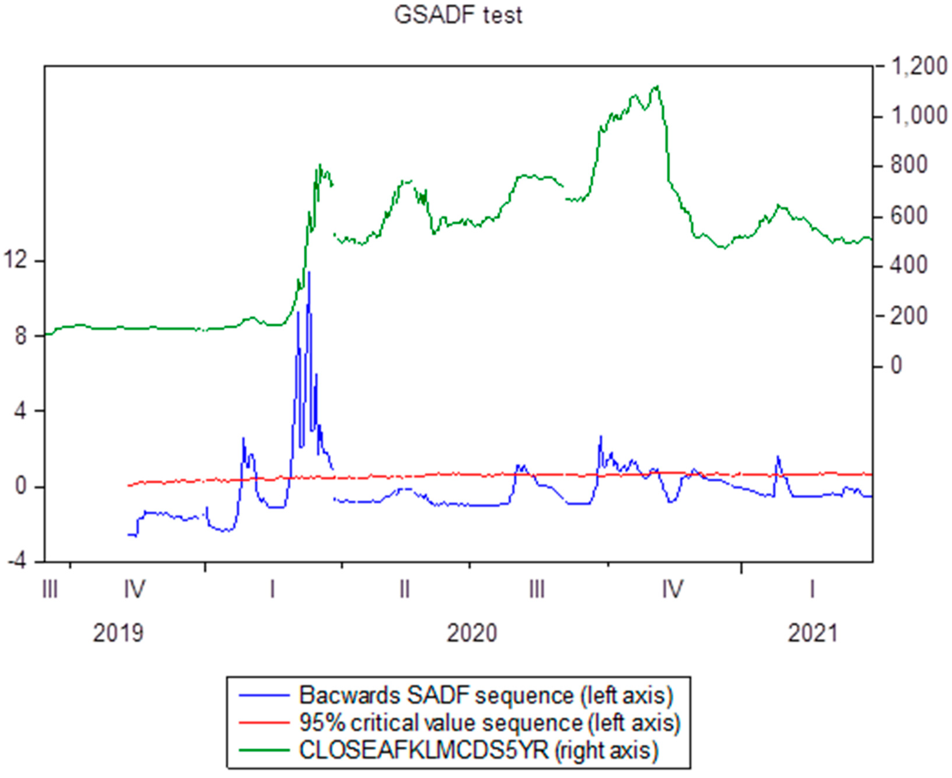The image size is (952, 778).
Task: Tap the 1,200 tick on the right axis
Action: [x=919, y=67]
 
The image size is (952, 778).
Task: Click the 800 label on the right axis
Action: [x=908, y=166]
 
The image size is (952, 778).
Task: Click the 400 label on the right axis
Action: [x=908, y=266]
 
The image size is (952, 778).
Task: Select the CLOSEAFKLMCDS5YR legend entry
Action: [x=479, y=750]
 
